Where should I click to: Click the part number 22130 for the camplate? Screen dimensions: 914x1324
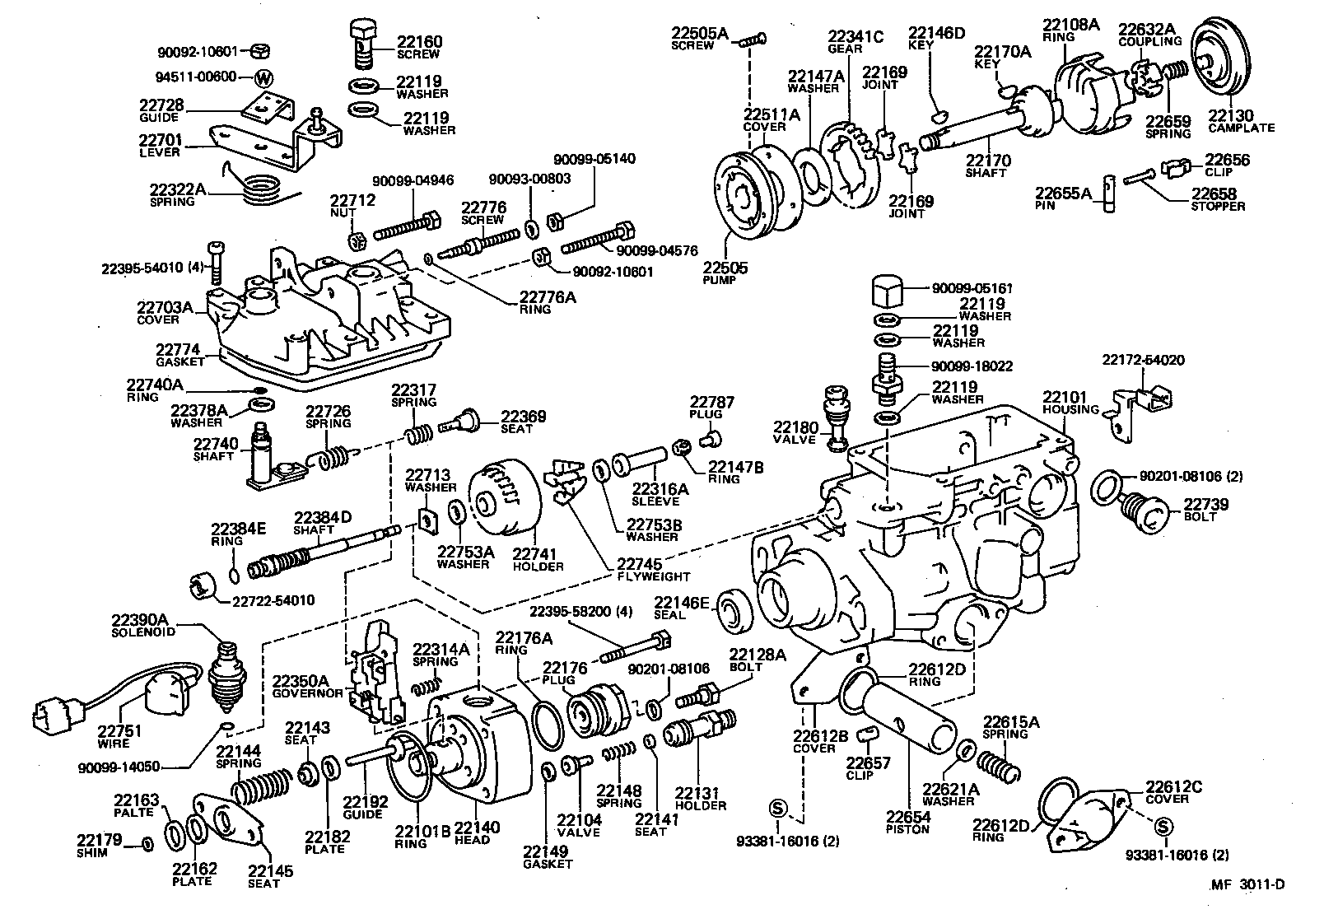[x=1230, y=115]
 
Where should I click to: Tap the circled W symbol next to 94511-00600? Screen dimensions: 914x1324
[x=263, y=79]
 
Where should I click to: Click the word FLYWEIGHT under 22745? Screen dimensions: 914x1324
[x=654, y=576]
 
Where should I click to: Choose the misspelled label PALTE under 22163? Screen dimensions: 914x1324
[x=135, y=812]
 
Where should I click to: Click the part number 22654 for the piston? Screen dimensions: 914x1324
[x=907, y=817]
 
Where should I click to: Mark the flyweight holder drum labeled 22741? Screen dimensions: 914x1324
[x=504, y=498]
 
